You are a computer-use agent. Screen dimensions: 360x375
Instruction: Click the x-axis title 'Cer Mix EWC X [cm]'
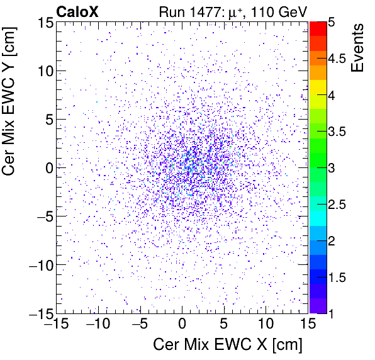click(228, 345)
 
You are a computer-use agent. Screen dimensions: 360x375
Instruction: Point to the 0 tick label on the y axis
click(47, 168)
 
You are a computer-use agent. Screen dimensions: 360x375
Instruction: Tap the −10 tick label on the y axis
click(38, 265)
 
